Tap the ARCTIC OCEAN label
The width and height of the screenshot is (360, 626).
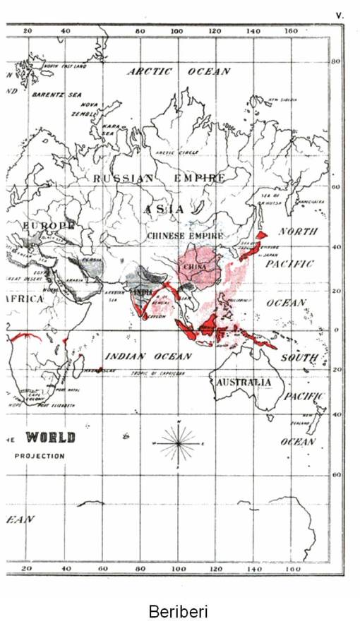[179, 71]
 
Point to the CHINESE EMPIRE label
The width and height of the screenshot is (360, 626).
[185, 235]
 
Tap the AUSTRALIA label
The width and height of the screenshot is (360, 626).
[244, 382]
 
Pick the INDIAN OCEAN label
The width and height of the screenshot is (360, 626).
[148, 356]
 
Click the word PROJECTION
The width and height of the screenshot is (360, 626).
[40, 456]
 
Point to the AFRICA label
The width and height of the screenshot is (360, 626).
[25, 299]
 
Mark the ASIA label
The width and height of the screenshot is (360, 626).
[164, 209]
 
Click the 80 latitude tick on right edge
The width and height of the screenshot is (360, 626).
[336, 62]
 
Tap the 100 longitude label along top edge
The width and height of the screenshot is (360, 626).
[177, 31]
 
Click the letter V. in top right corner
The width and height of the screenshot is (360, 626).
[340, 13]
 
